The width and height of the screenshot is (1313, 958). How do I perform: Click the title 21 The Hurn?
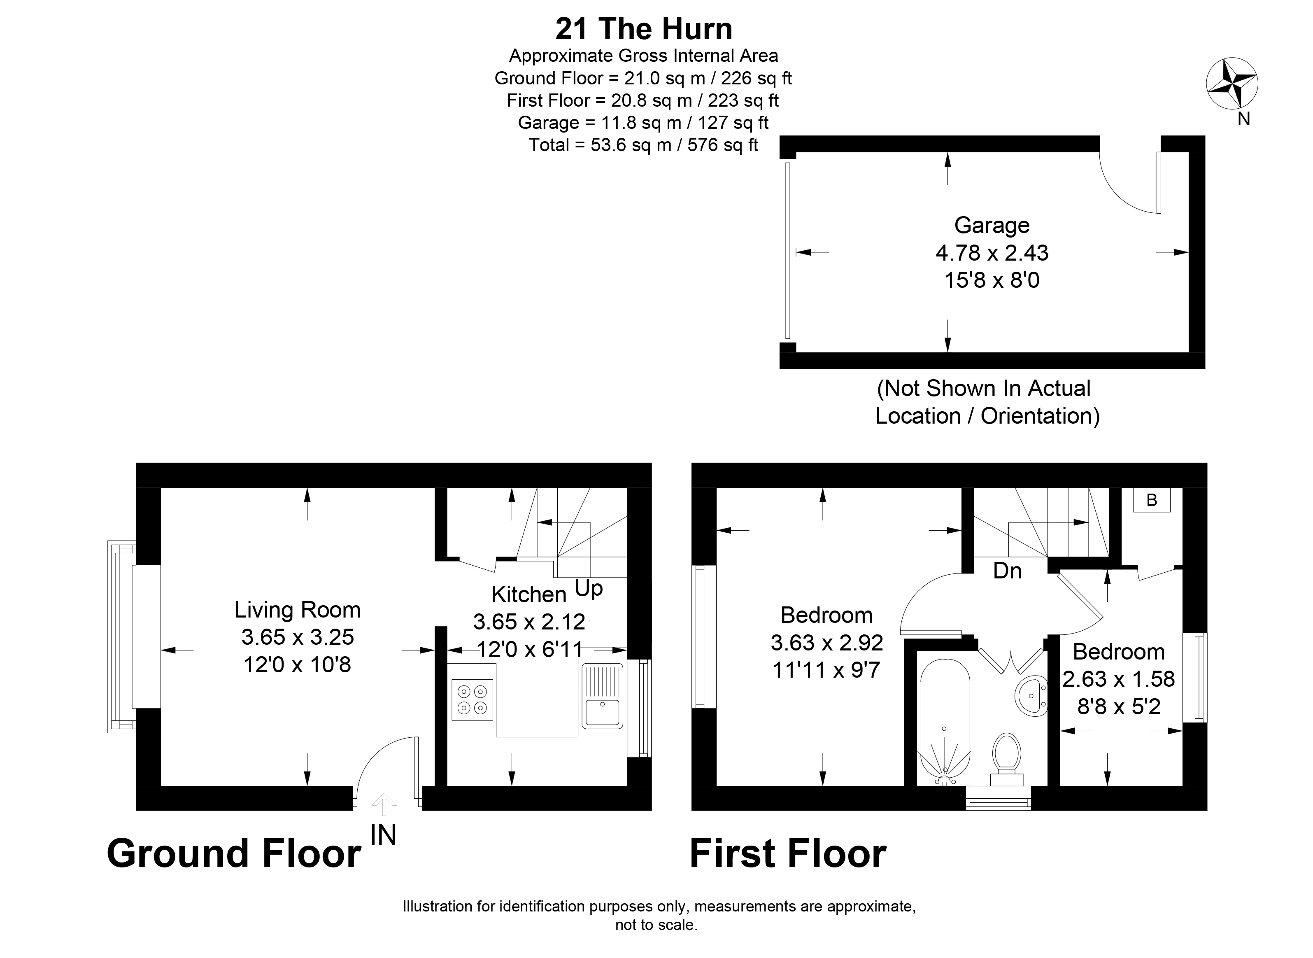coord(643,29)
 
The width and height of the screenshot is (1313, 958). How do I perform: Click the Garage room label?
coord(992,225)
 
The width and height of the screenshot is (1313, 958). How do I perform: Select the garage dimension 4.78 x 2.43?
coord(992,253)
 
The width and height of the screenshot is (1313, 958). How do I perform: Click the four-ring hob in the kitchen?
coord(473,699)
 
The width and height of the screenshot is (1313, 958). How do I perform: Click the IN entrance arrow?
coord(384,804)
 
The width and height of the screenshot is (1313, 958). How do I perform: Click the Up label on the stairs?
coord(589,589)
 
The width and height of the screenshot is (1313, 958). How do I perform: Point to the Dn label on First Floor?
coord(1007,571)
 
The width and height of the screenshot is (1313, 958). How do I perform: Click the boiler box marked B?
coord(1151,500)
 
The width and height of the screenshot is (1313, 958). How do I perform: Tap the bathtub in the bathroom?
coord(944,719)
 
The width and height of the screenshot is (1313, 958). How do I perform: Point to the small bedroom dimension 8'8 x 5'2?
coord(1119,706)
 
